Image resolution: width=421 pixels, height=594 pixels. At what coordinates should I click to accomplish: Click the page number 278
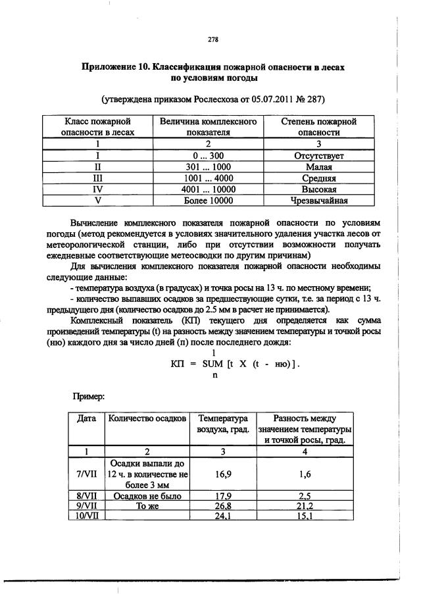tap(213, 39)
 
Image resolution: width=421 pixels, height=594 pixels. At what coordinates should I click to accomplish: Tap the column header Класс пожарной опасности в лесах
tap(97, 126)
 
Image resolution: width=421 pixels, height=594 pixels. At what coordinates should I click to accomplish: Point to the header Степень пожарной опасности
tap(318, 126)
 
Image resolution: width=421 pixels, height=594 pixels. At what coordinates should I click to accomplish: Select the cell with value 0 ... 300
tap(208, 156)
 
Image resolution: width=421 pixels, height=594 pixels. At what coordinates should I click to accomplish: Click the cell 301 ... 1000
tap(208, 167)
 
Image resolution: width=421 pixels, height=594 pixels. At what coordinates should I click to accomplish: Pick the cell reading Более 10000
tap(208, 201)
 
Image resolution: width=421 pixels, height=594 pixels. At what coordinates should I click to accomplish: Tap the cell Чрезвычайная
tap(318, 201)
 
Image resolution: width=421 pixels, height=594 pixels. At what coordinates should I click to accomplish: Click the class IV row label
tap(97, 189)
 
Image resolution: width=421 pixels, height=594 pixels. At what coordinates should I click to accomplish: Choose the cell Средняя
tap(318, 178)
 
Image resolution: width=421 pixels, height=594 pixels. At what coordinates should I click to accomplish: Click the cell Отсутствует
tap(318, 156)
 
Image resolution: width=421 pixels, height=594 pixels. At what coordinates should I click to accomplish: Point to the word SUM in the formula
tap(213, 364)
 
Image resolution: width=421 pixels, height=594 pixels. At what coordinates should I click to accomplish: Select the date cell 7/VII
tap(87, 472)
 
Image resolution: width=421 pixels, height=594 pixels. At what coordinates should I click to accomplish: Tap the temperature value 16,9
tap(226, 472)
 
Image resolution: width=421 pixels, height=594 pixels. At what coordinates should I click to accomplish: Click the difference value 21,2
tap(305, 506)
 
